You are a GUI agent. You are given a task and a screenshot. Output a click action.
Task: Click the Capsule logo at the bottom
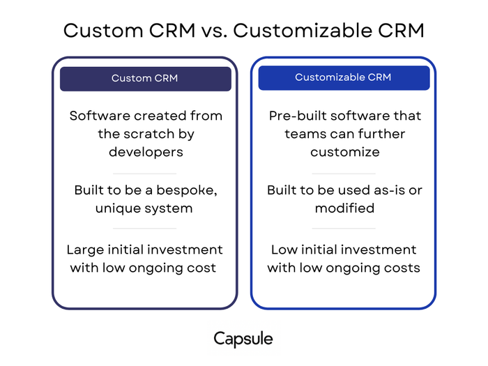pos(243,340)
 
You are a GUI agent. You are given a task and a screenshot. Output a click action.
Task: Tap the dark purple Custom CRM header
pos(145,78)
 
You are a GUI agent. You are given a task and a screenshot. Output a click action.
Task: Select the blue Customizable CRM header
pos(344,77)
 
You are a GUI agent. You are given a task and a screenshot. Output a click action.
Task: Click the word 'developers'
pos(145,152)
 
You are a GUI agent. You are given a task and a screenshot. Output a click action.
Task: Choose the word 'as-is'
pos(385,190)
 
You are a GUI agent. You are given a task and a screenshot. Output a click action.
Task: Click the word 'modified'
pos(344,208)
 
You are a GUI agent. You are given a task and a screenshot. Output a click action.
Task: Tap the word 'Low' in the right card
pos(284,250)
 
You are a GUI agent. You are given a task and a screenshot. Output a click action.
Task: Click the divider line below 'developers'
pos(145,173)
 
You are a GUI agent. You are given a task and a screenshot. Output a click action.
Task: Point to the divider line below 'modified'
pos(344,228)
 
